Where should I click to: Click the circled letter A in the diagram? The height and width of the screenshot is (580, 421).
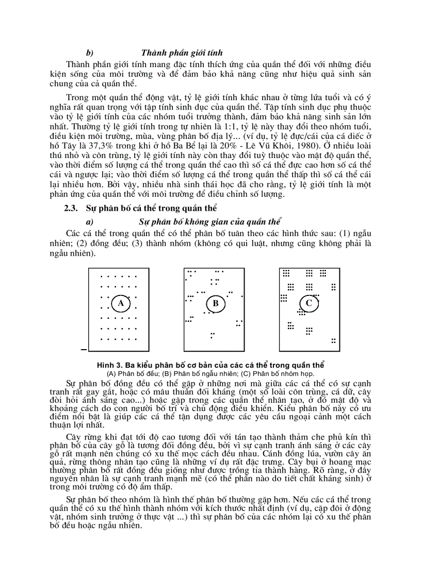[121, 304]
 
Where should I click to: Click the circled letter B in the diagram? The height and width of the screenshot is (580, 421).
[216, 304]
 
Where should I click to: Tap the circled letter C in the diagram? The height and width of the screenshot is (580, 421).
[309, 303]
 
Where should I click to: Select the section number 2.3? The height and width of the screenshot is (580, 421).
[71, 209]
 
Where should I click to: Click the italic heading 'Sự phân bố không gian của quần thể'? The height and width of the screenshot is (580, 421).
[210, 222]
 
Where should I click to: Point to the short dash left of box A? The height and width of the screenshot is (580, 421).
[84, 350]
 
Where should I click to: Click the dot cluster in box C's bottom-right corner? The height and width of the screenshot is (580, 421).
[333, 340]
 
